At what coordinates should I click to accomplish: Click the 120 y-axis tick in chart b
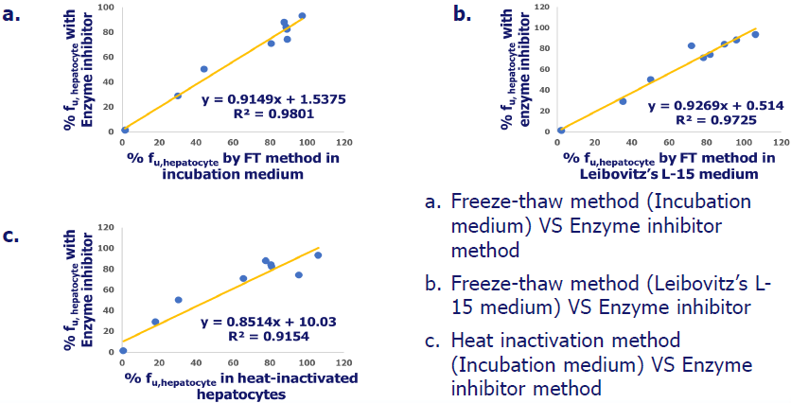542,7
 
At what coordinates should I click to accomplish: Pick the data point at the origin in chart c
123,350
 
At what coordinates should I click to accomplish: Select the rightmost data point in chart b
755,34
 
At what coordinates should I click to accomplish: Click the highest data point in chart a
302,16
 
